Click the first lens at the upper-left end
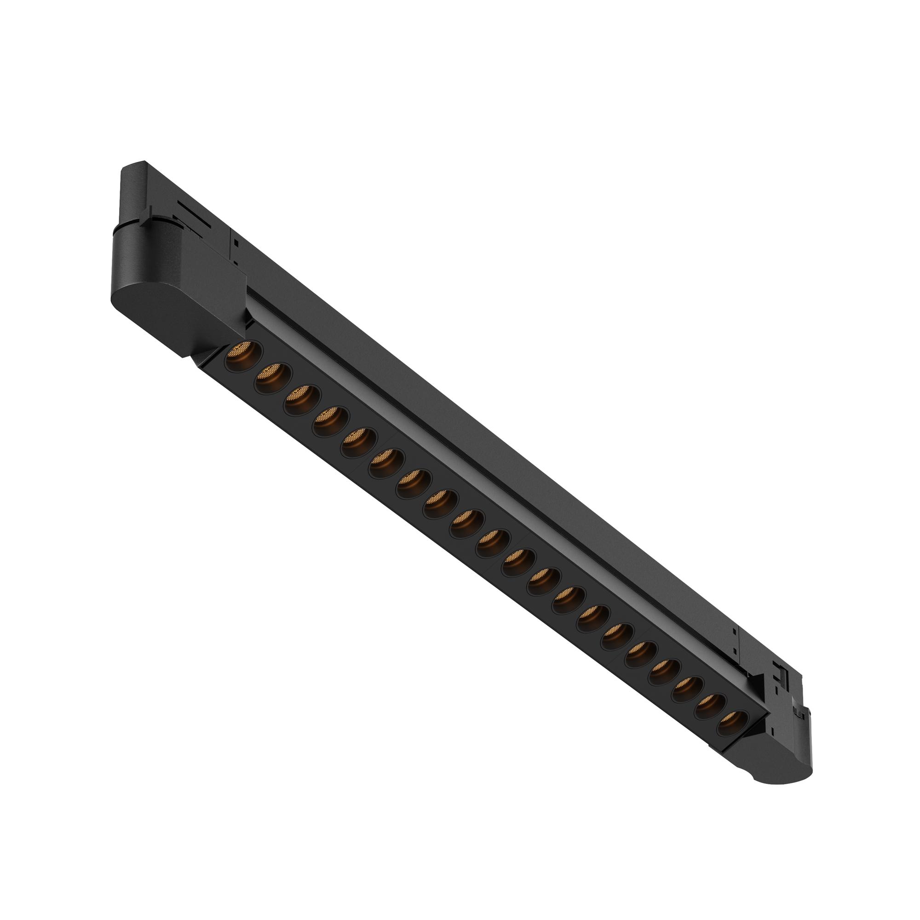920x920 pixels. pos(241,354)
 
